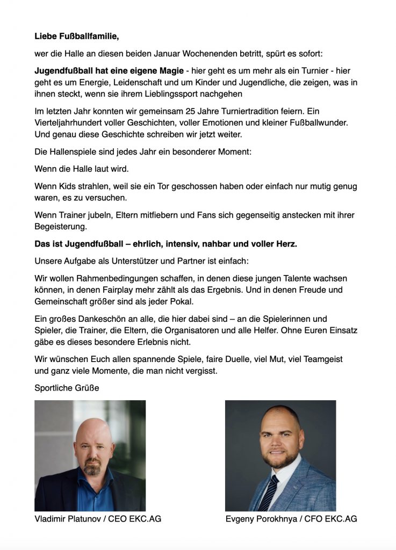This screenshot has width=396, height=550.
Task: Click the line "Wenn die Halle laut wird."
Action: [82, 169]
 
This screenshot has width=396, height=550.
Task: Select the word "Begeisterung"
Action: [61, 227]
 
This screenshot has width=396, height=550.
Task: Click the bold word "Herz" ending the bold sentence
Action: [286, 244]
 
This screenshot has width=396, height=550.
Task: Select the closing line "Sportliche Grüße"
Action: [67, 387]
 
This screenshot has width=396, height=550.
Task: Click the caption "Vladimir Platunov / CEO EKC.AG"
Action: [98, 519]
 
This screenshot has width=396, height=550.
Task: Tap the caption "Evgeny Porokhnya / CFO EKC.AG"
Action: [292, 519]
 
